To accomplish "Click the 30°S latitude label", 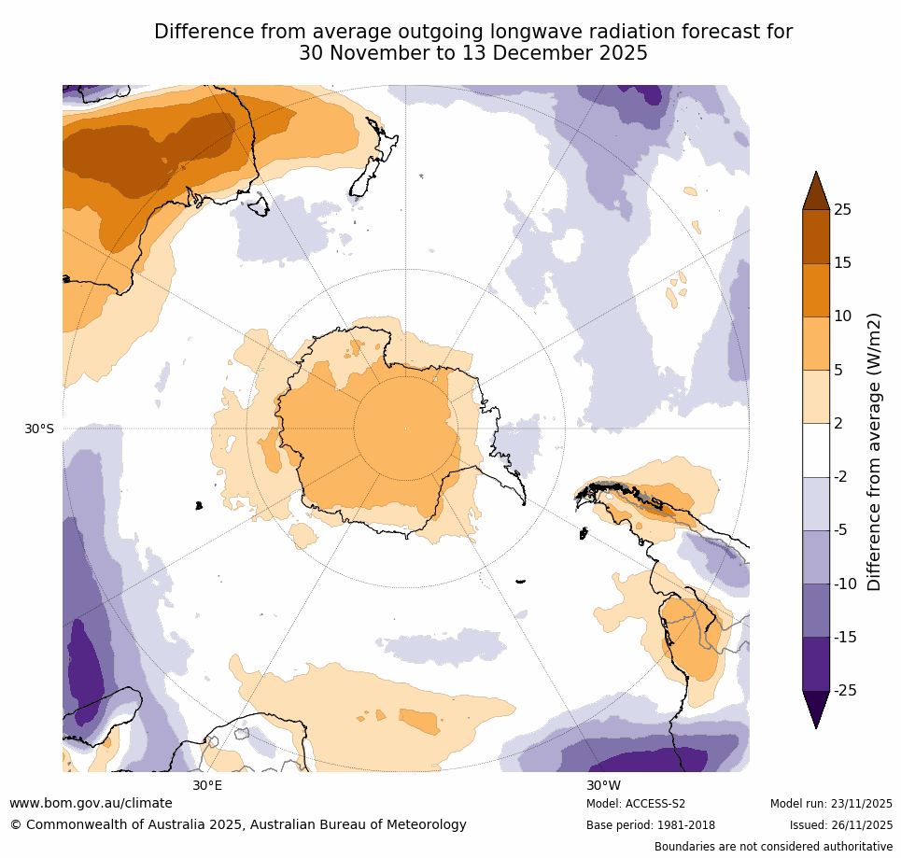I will pyautogui.click(x=39, y=429).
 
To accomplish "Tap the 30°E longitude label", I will pyautogui.click(x=207, y=785).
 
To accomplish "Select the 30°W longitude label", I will pyautogui.click(x=603, y=785).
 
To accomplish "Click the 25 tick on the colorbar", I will pyautogui.click(x=842, y=209).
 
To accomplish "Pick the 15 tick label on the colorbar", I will pyautogui.click(x=842, y=262).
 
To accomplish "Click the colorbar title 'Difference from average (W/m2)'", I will pyautogui.click(x=875, y=451).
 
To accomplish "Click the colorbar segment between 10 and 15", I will pyautogui.click(x=816, y=289).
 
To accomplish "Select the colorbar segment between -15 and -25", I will pyautogui.click(x=816, y=663).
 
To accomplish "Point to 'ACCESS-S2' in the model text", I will pyautogui.click(x=655, y=804).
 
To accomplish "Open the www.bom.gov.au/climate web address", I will pyautogui.click(x=91, y=803).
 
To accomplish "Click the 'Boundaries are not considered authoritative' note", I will pyautogui.click(x=773, y=847).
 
